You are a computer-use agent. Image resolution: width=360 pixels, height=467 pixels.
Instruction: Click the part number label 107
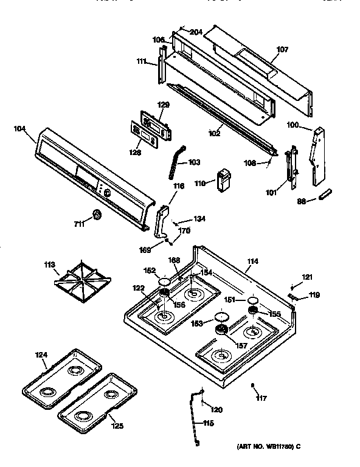tap(266, 50)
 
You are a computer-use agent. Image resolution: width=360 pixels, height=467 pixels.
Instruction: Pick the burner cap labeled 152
tap(164, 282)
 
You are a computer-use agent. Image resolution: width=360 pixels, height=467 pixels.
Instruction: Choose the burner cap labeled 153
tap(222, 318)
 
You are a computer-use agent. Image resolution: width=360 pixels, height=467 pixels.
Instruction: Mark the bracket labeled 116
tap(162, 221)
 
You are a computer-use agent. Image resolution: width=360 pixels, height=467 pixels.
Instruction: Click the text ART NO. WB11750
tap(265, 448)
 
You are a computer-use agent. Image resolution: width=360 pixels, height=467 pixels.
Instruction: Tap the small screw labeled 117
tap(253, 385)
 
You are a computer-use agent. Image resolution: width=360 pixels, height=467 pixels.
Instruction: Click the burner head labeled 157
tap(222, 330)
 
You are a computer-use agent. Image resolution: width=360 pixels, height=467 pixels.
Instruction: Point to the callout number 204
tap(196, 32)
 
